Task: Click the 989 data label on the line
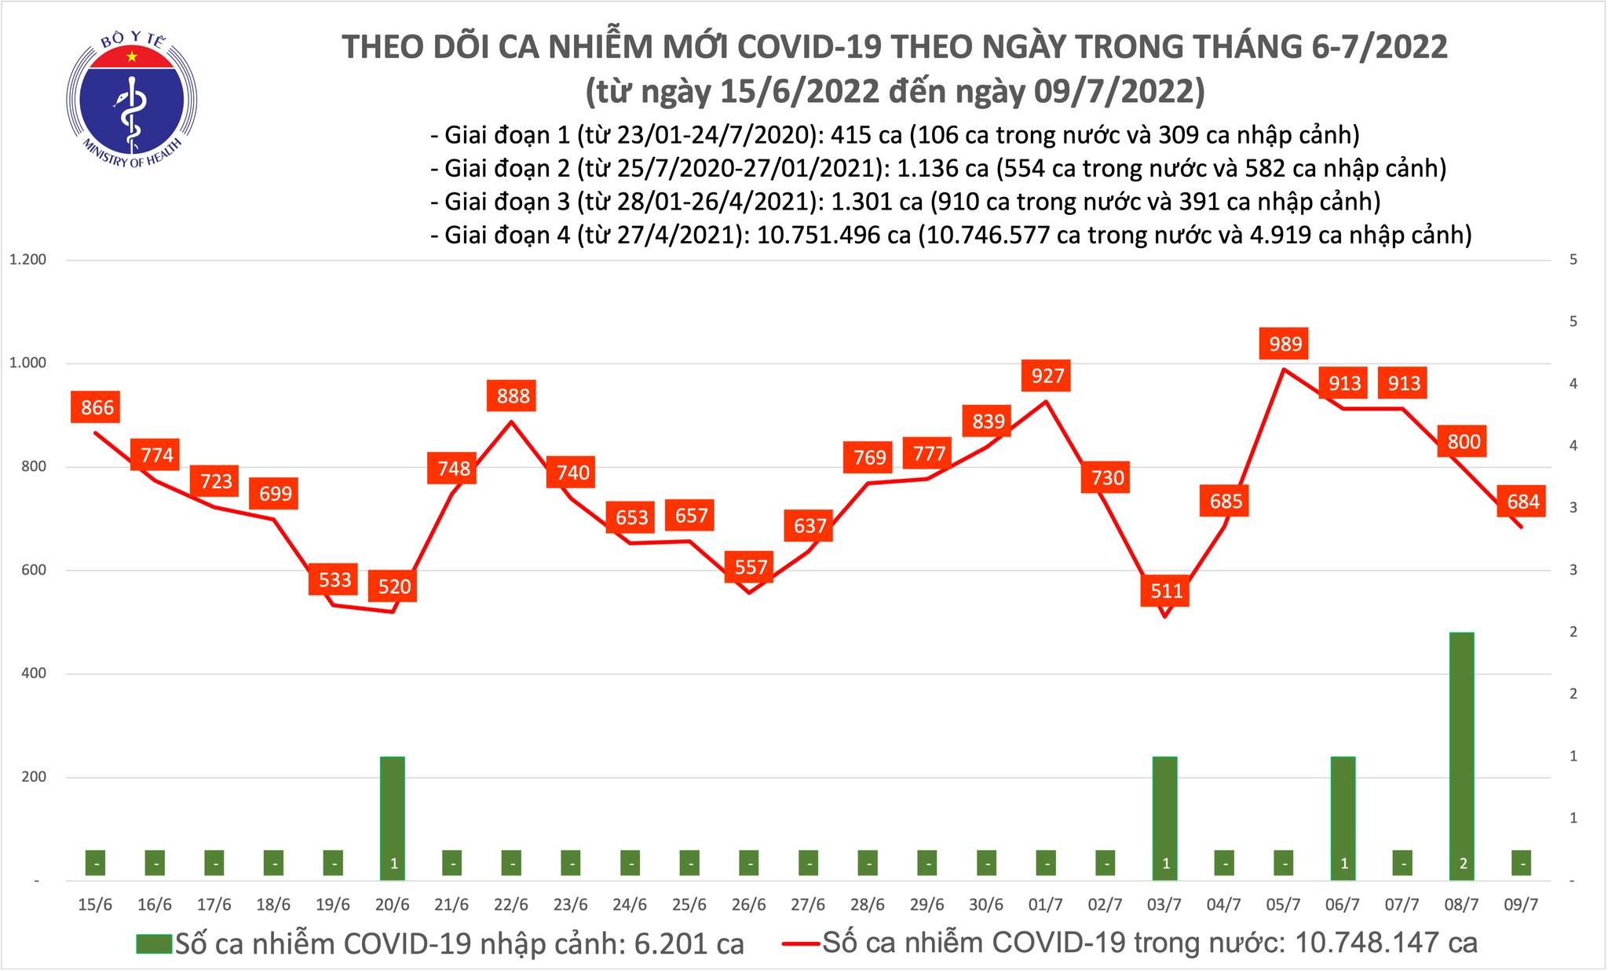point(1285,344)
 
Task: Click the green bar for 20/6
point(393,816)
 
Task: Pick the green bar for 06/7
point(1343,816)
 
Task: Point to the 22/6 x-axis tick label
point(510,904)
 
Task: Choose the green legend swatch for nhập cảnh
point(154,943)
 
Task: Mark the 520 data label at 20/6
point(394,586)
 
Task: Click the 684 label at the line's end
point(1523,501)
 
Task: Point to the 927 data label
point(1047,376)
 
